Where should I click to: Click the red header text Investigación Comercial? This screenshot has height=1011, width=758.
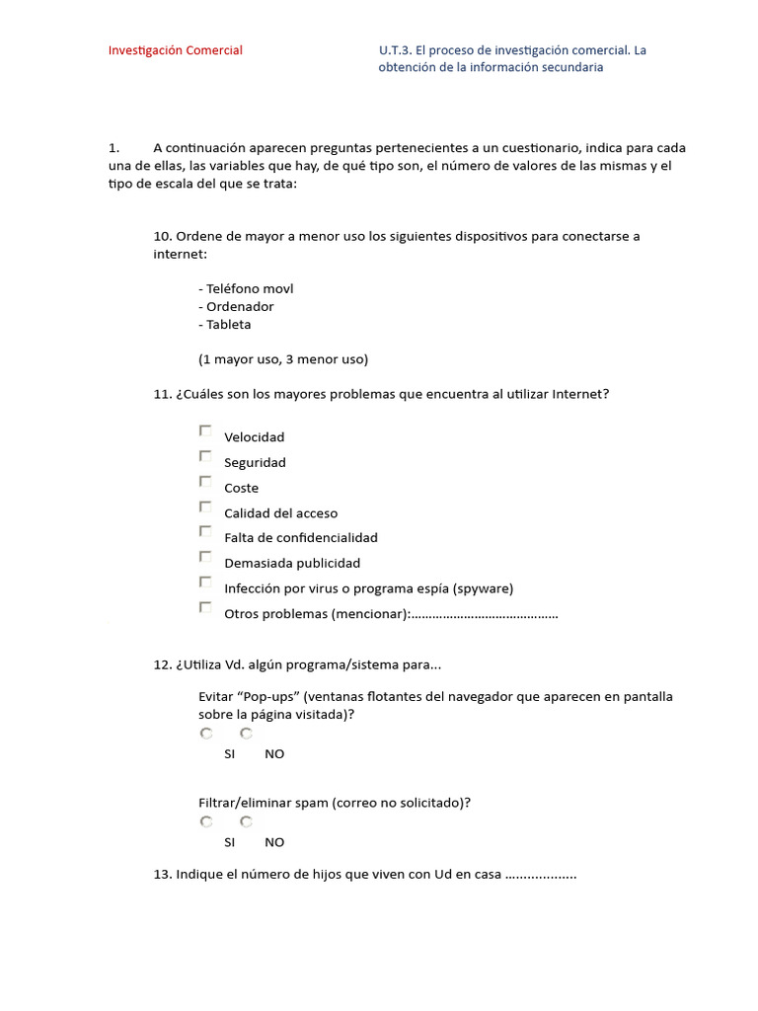(x=175, y=50)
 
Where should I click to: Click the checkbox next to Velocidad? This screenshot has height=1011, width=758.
(x=205, y=430)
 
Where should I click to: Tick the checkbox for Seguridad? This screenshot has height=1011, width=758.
(x=205, y=456)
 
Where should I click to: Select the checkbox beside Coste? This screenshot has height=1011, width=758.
(x=205, y=482)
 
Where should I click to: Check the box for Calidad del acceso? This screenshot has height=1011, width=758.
(x=205, y=506)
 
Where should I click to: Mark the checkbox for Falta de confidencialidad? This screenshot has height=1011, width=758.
(x=205, y=531)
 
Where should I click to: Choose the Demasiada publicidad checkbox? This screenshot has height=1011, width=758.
(x=205, y=557)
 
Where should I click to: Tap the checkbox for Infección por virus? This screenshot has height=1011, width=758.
(x=205, y=583)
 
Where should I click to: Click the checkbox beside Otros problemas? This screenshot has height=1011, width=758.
(x=205, y=608)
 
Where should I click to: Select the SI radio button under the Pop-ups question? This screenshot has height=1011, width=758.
(x=206, y=734)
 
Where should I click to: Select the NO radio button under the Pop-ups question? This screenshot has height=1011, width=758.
(x=247, y=734)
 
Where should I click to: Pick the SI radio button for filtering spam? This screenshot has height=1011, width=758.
(x=206, y=821)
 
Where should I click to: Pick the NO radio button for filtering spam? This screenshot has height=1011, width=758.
(x=247, y=821)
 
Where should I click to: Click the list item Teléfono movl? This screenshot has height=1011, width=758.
(x=246, y=289)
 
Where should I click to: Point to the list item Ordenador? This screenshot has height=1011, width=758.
(x=237, y=307)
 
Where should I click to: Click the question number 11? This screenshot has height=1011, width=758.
(x=163, y=394)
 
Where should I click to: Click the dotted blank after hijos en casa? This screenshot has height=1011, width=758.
(x=541, y=875)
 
